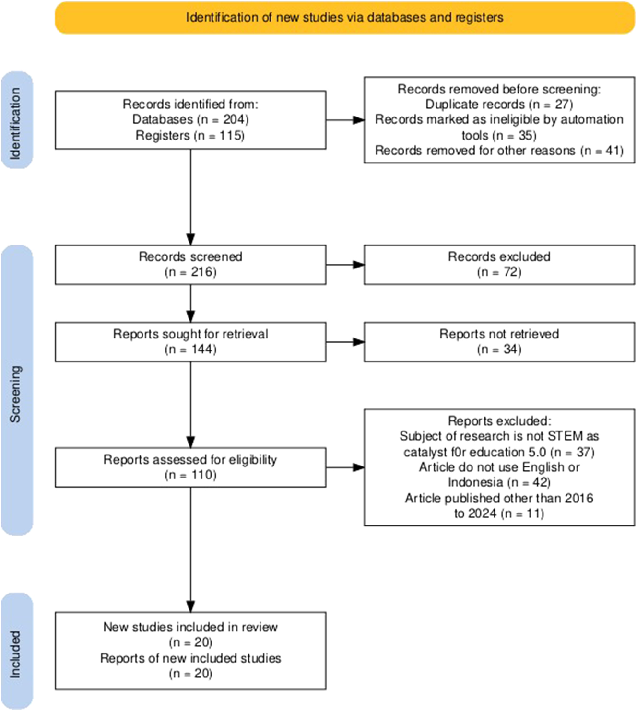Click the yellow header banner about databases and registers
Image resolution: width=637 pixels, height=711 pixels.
pos(344,18)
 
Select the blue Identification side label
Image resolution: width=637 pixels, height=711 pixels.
pos(16,120)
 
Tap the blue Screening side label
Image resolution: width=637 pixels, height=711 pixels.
pos(16,391)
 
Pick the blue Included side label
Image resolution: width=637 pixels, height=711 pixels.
pos(16,651)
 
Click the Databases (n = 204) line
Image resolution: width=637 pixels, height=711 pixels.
pos(190,119)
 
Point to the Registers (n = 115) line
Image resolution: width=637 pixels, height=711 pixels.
pos(190,135)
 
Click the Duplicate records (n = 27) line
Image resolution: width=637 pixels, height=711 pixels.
pos(499,105)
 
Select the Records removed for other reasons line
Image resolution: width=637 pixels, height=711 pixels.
pos(499,151)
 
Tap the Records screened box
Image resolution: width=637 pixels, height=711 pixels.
pos(190,265)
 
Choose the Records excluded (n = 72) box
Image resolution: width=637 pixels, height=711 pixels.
pos(499,265)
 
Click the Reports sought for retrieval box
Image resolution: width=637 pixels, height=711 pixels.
pos(190,342)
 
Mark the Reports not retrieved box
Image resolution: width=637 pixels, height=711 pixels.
pos(499,342)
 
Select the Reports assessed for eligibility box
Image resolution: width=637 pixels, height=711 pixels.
pos(190,467)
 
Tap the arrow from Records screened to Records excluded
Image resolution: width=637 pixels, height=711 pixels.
pos(345,265)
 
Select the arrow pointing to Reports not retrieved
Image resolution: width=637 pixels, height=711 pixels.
pos(345,342)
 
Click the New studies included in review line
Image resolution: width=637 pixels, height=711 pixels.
pos(190,627)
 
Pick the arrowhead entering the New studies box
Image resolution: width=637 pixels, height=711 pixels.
pos(190,606)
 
